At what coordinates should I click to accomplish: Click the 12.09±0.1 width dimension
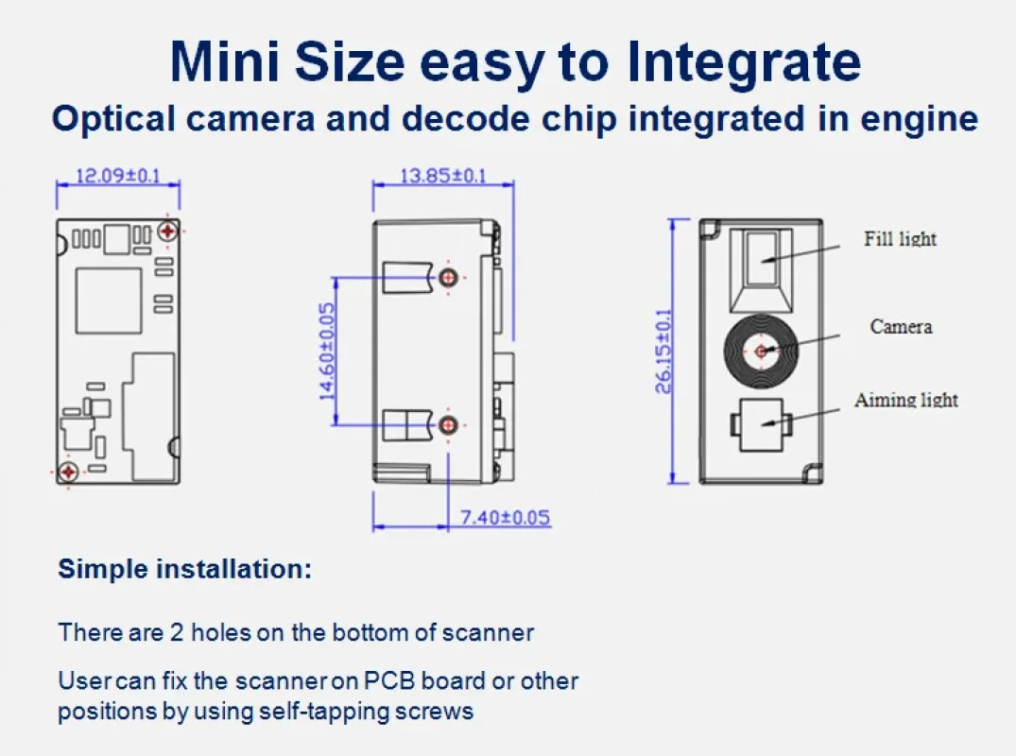click(x=118, y=175)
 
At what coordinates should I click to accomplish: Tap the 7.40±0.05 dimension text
click(x=505, y=517)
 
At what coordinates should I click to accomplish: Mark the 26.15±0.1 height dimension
click(x=664, y=351)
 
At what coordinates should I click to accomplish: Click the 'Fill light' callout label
click(x=900, y=239)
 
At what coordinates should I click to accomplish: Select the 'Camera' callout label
click(x=901, y=327)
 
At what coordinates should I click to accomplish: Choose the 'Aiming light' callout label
click(x=905, y=400)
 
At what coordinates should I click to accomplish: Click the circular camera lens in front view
click(x=762, y=352)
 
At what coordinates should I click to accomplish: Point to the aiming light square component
click(x=762, y=424)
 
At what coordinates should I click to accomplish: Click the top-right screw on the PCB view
click(x=168, y=230)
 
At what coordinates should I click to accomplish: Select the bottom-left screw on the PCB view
click(x=68, y=471)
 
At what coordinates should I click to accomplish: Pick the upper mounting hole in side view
click(x=448, y=277)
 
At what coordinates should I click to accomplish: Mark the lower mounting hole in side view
click(x=448, y=425)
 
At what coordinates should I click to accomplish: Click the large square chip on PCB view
click(x=108, y=301)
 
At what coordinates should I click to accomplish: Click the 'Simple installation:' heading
click(x=184, y=570)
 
